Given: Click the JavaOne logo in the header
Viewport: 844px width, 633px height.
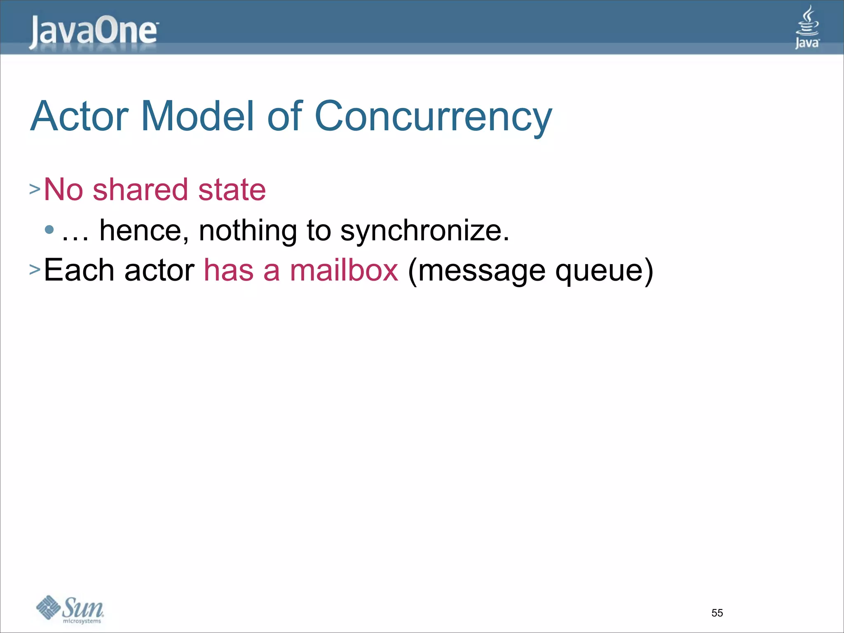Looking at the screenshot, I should [93, 32].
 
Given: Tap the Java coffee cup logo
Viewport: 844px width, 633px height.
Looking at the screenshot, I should [807, 27].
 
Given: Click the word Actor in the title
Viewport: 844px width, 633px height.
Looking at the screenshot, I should [80, 117].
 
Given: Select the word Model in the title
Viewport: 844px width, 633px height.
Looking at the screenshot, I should [197, 117].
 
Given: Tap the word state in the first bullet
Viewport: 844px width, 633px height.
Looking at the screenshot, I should [232, 190].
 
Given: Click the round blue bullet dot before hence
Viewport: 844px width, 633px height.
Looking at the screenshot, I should [49, 230].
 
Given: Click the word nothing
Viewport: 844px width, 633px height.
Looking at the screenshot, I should [248, 230].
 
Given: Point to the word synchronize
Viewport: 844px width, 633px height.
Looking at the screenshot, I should [424, 231].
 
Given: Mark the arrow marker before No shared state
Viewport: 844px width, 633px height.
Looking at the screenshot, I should [35, 190].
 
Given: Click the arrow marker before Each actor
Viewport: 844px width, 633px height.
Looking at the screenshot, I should [35, 270].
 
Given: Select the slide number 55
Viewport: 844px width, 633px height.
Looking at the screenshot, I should [717, 613].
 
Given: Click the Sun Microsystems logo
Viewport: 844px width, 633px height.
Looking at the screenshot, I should [70, 609].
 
